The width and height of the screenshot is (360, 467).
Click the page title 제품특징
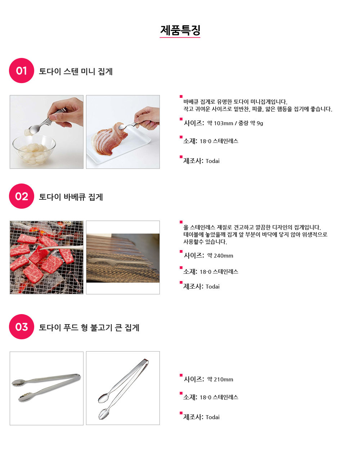point(180,30)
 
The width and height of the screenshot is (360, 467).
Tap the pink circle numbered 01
point(22,71)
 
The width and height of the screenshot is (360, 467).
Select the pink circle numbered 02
point(22,196)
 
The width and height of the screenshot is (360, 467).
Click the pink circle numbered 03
point(22,327)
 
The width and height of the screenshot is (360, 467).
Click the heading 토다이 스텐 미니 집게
point(76,71)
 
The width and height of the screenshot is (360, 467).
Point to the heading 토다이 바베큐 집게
point(71,197)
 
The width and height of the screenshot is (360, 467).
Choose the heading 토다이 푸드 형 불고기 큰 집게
point(89,327)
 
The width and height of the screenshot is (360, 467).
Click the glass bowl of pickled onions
point(34,150)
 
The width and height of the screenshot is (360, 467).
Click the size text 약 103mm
point(220,123)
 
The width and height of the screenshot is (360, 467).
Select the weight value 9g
point(260,123)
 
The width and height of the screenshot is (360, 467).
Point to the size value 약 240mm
point(220,255)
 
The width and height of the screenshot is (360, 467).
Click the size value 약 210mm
point(220,379)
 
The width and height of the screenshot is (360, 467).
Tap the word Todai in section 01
point(212,161)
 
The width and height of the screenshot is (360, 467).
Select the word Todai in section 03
point(212,417)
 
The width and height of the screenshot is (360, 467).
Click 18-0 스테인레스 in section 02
point(219,272)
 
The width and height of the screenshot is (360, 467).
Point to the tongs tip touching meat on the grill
point(41,249)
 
